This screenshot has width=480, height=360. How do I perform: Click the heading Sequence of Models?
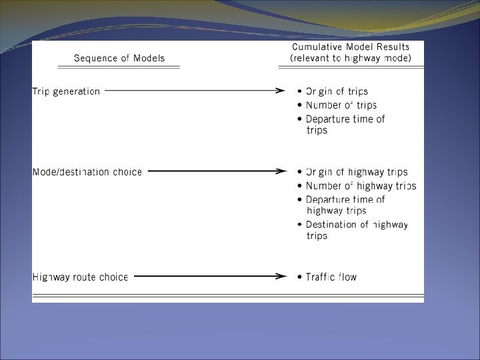119,58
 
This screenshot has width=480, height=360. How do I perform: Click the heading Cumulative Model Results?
351,47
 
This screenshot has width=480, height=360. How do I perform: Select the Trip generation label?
66,91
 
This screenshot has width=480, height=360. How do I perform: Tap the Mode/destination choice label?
87,172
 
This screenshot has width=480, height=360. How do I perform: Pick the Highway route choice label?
80,277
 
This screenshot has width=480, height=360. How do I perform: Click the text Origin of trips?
337,91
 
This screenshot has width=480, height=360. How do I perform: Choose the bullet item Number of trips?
341,105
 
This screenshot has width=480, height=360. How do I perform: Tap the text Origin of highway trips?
357,172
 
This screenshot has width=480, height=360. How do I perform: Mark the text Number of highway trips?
361,186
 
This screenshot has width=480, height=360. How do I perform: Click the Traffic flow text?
331,277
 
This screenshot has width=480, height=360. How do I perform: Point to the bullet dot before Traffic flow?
299,277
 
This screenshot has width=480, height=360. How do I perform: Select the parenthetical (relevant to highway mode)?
351,59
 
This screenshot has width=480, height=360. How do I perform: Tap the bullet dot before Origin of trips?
299,92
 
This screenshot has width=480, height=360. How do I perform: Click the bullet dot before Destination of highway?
299,225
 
